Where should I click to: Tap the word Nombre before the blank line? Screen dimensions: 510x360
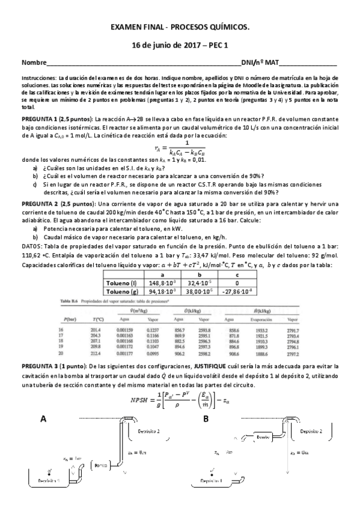(x=34, y=63)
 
